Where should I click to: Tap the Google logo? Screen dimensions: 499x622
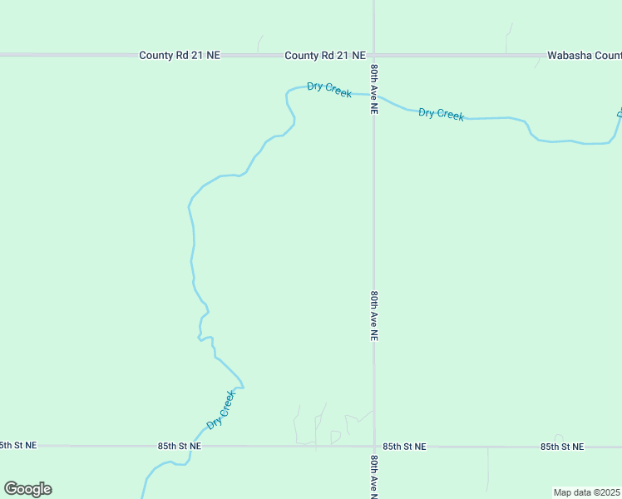(27, 489)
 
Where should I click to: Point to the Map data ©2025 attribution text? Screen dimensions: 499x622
(587, 492)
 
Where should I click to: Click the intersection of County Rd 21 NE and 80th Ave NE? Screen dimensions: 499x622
(373, 56)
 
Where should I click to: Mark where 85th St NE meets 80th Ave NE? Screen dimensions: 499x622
(373, 447)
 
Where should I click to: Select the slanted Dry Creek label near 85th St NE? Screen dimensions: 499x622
(221, 410)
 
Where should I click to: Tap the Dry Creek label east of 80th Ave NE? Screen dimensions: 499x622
(441, 114)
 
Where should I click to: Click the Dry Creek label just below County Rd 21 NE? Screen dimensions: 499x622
(329, 89)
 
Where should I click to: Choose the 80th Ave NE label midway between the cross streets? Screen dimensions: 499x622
(374, 316)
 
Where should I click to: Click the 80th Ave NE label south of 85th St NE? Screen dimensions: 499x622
(374, 476)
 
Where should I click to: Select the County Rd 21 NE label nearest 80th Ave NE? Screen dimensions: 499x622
(325, 56)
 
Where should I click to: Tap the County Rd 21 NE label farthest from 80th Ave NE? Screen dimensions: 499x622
(180, 56)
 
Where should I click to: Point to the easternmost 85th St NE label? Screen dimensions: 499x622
(562, 447)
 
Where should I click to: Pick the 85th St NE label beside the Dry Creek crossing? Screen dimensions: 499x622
(180, 447)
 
